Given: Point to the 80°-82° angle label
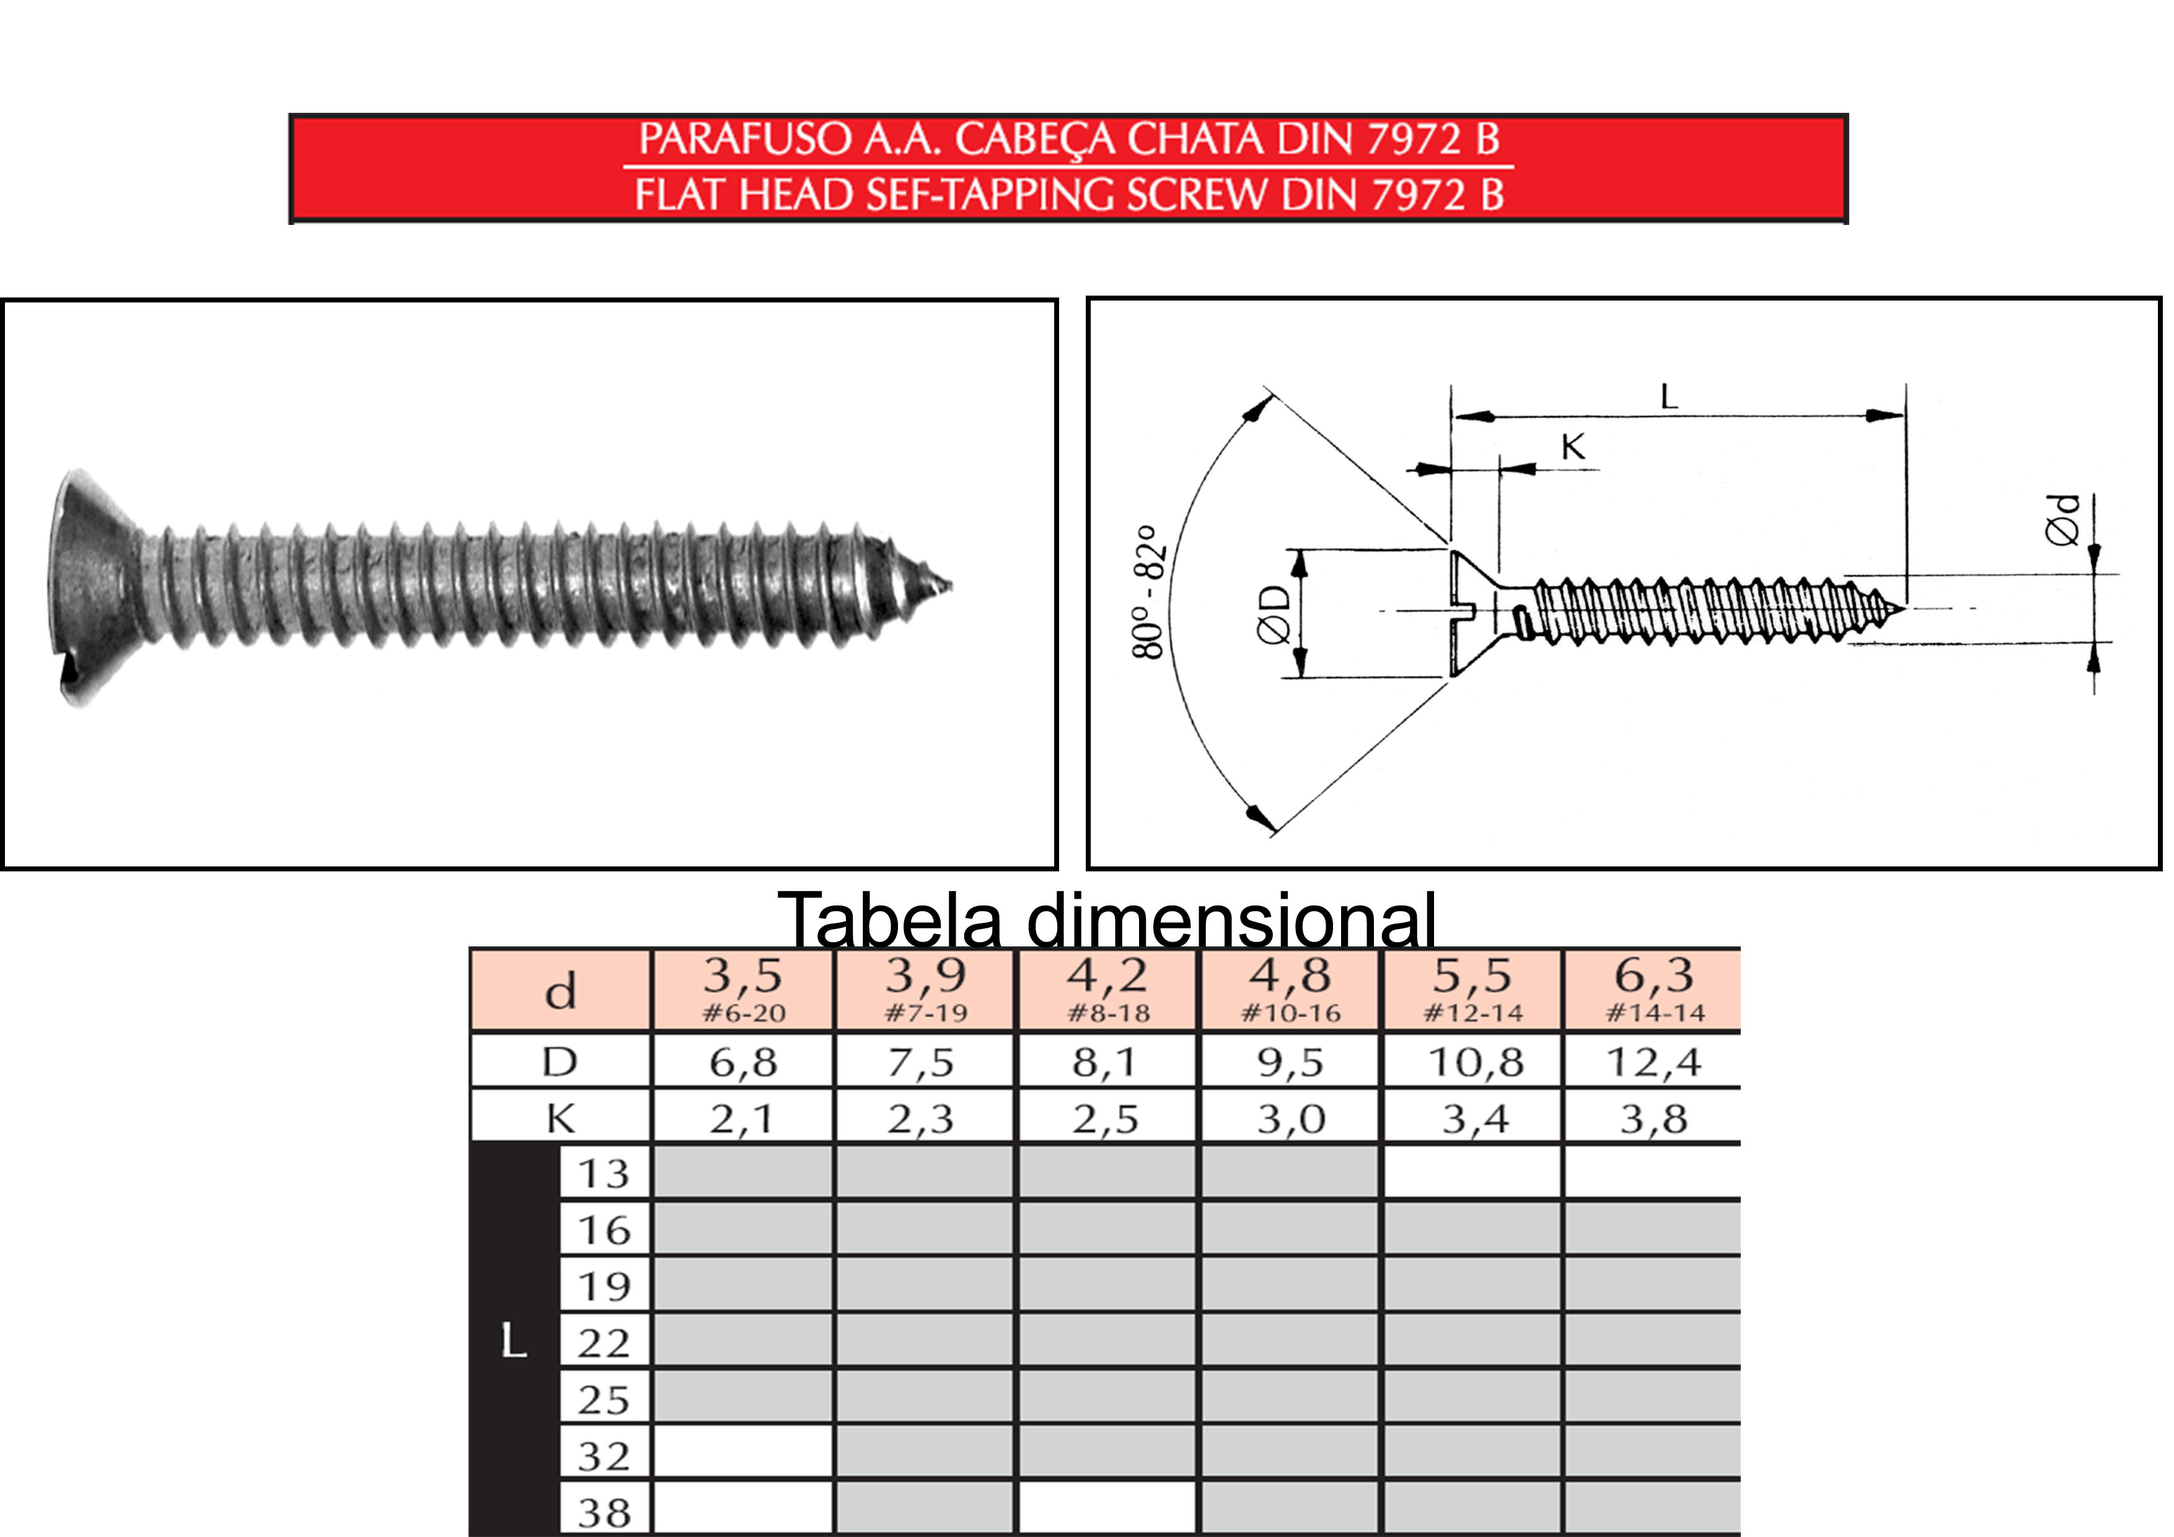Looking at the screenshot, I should click(x=1148, y=592).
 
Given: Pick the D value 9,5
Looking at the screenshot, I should click(x=1290, y=1062).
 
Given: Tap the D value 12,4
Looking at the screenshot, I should click(x=1653, y=1062).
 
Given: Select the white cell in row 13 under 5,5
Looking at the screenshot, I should click(x=1472, y=1173).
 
